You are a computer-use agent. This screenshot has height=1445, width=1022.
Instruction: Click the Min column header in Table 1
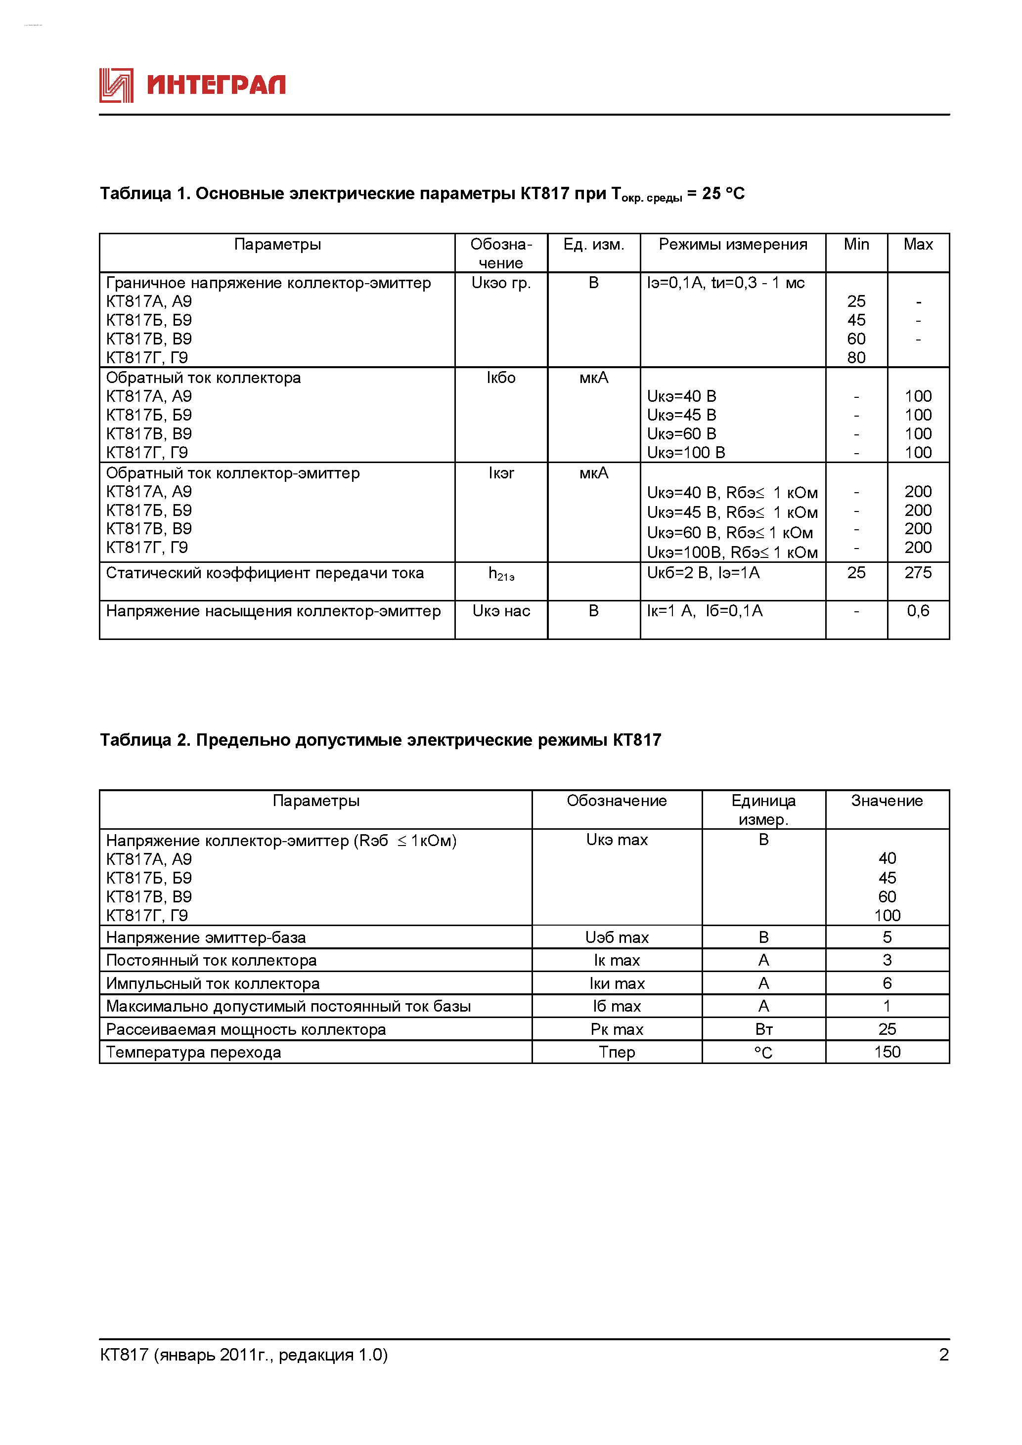pos(856,244)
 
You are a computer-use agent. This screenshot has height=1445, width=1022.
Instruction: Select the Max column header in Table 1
pos(918,244)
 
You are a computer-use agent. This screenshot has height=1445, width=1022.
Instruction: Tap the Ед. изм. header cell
pos(593,244)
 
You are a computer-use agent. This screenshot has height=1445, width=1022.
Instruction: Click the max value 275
pos(918,573)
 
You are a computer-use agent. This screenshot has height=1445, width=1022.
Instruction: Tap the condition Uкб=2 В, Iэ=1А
pos(703,573)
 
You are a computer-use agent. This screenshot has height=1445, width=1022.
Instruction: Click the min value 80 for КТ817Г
pos(856,357)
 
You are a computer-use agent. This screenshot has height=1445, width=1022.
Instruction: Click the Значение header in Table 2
pos(887,801)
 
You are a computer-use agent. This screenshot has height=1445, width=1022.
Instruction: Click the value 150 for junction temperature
pos(887,1052)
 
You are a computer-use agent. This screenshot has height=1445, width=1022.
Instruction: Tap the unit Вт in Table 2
pos(763,1029)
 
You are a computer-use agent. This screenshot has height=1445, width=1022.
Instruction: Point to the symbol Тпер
pos(617,1052)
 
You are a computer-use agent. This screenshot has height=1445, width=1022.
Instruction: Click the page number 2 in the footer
pos(943,1355)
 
